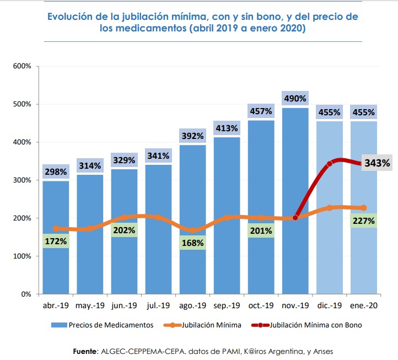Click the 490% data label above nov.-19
pyautogui.click(x=295, y=99)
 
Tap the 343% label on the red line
pyautogui.click(x=377, y=163)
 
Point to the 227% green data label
pyautogui.click(x=364, y=221)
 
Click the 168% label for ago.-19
pyautogui.click(x=192, y=243)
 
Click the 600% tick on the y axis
pyautogui.click(x=23, y=66)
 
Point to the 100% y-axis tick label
pyautogui.click(x=23, y=256)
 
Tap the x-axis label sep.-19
pyautogui.click(x=227, y=307)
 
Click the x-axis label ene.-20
pyautogui.click(x=363, y=307)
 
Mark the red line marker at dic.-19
pyautogui.click(x=330, y=164)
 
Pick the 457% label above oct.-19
pyautogui.click(x=261, y=111)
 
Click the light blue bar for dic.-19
pyautogui.click(x=330, y=248)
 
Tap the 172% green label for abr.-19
pyautogui.click(x=56, y=241)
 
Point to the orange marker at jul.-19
pyautogui.click(x=158, y=217)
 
